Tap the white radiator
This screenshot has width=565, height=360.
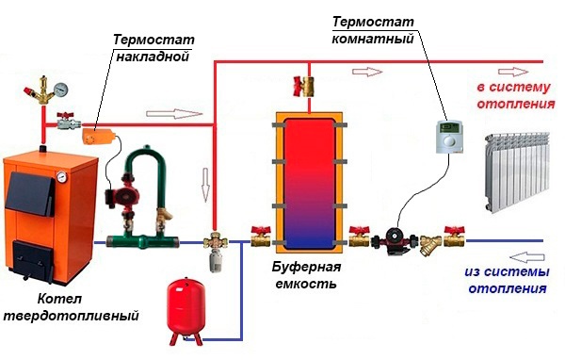pyautogui.click(x=517, y=172)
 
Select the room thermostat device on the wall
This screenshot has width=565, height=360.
pyautogui.click(x=449, y=137)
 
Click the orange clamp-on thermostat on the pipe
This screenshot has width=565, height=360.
pyautogui.click(x=98, y=136)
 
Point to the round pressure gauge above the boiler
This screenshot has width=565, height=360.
pyautogui.click(x=61, y=90)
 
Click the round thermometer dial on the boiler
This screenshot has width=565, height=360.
pyautogui.click(x=61, y=177)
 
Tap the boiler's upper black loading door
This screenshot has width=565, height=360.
pyautogui.click(x=30, y=193)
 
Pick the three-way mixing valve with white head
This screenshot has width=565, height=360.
pyautogui.click(x=215, y=250)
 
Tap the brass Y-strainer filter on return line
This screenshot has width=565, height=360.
pyautogui.click(x=430, y=244)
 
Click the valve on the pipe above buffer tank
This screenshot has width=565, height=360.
pyautogui.click(x=304, y=86)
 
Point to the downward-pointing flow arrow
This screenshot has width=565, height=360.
pyautogui.click(x=205, y=185)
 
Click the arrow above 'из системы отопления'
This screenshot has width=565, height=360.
pyautogui.click(x=526, y=257)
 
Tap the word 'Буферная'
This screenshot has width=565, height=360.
pyautogui.click(x=306, y=268)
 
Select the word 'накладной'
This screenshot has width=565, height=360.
pyautogui.click(x=153, y=57)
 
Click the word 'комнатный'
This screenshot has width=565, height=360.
pyautogui.click(x=373, y=39)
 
